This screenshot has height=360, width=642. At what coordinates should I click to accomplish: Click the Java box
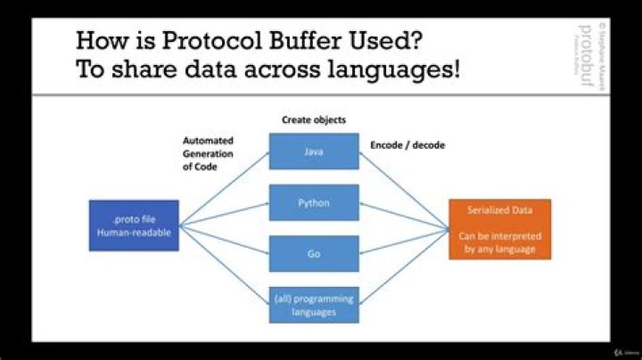pos(314,151)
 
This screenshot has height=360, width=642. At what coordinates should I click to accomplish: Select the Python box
pos(314,202)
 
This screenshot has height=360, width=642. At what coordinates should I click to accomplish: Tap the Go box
pos(314,253)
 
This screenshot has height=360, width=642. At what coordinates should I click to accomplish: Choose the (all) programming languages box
pos(314,304)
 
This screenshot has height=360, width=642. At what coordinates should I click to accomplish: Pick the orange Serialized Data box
pos(500,228)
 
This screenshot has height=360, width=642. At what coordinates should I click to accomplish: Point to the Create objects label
pos(314,119)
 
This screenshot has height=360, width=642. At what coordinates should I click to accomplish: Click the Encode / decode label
pos(407,143)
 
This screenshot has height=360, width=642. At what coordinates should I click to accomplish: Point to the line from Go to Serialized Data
pos(406,241)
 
